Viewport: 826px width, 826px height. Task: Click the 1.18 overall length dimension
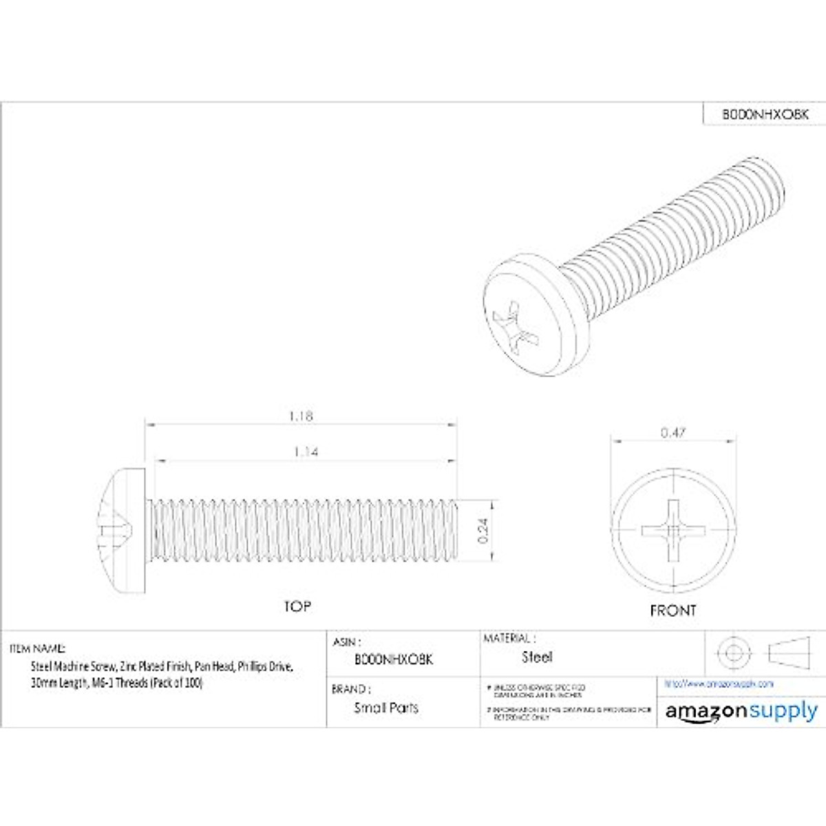coord(301,416)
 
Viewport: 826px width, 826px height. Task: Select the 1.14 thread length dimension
coord(306,452)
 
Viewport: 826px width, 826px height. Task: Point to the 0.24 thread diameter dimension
coord(483,531)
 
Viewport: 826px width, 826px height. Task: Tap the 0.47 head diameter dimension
coord(673,433)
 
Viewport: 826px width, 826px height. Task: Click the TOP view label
coord(297,606)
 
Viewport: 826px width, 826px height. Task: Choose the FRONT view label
coord(673,611)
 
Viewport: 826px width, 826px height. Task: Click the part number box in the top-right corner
coord(764,114)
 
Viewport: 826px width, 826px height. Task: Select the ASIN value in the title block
coord(393,659)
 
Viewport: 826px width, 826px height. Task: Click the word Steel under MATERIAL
coord(537,657)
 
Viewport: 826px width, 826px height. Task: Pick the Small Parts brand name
coord(385,708)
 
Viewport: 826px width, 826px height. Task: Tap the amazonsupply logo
coord(741,712)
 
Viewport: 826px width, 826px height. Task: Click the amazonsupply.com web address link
coord(719,684)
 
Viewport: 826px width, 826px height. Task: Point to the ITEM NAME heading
coord(38,648)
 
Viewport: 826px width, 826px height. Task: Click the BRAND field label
coord(349,689)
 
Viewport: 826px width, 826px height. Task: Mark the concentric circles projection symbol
coord(731,651)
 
